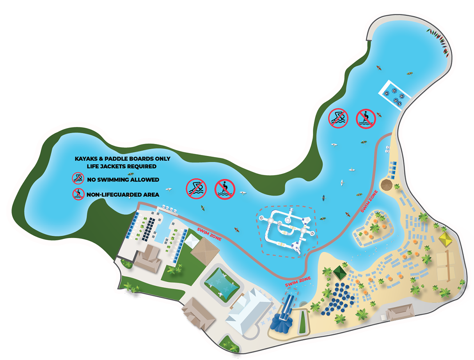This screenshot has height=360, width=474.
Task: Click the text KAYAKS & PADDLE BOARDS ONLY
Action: click(122, 159)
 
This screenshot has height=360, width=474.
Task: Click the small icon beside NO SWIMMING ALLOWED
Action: click(77, 179)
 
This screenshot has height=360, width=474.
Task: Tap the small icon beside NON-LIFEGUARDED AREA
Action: click(77, 194)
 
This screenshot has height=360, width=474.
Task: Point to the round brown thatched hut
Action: click(386, 185)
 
